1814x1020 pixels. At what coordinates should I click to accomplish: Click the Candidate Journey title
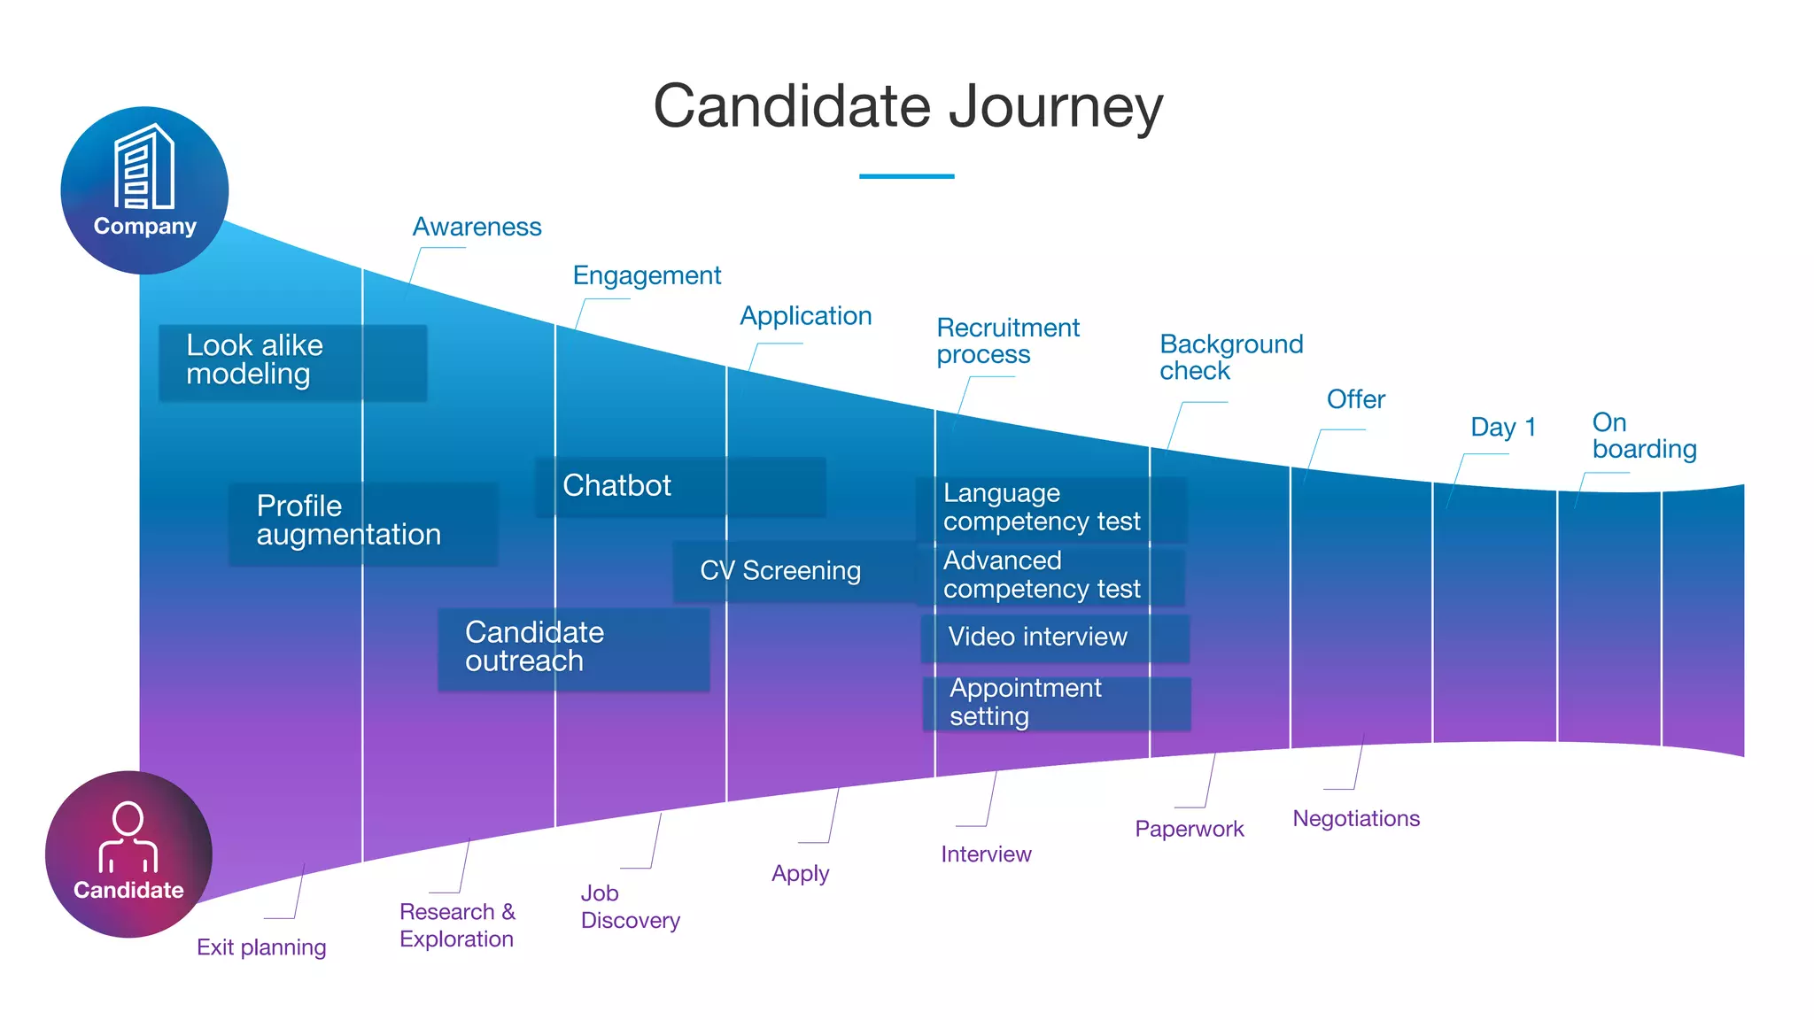(907, 107)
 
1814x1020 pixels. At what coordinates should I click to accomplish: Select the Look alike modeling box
(292, 362)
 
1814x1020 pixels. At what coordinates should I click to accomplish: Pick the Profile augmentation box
(363, 522)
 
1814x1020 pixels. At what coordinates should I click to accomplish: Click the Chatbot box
(680, 486)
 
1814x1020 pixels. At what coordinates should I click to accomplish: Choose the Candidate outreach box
(573, 648)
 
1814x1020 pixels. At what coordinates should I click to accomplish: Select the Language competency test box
(1051, 508)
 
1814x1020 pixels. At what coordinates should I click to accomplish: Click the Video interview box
(1054, 637)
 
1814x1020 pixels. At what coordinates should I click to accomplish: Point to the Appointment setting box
(1056, 703)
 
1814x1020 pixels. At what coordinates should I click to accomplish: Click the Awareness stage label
(477, 228)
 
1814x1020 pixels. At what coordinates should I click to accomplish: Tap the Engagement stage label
(647, 276)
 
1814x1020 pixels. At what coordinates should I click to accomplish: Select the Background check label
(1230, 358)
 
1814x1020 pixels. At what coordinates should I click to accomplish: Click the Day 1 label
(1502, 428)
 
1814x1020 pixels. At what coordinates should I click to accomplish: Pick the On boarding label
(1643, 437)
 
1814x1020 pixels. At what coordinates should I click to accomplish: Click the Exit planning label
(261, 947)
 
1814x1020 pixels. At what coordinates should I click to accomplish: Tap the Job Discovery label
(630, 908)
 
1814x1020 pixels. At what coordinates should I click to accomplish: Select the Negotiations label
(1355, 819)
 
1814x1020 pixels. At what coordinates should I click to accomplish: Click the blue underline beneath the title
(906, 176)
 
